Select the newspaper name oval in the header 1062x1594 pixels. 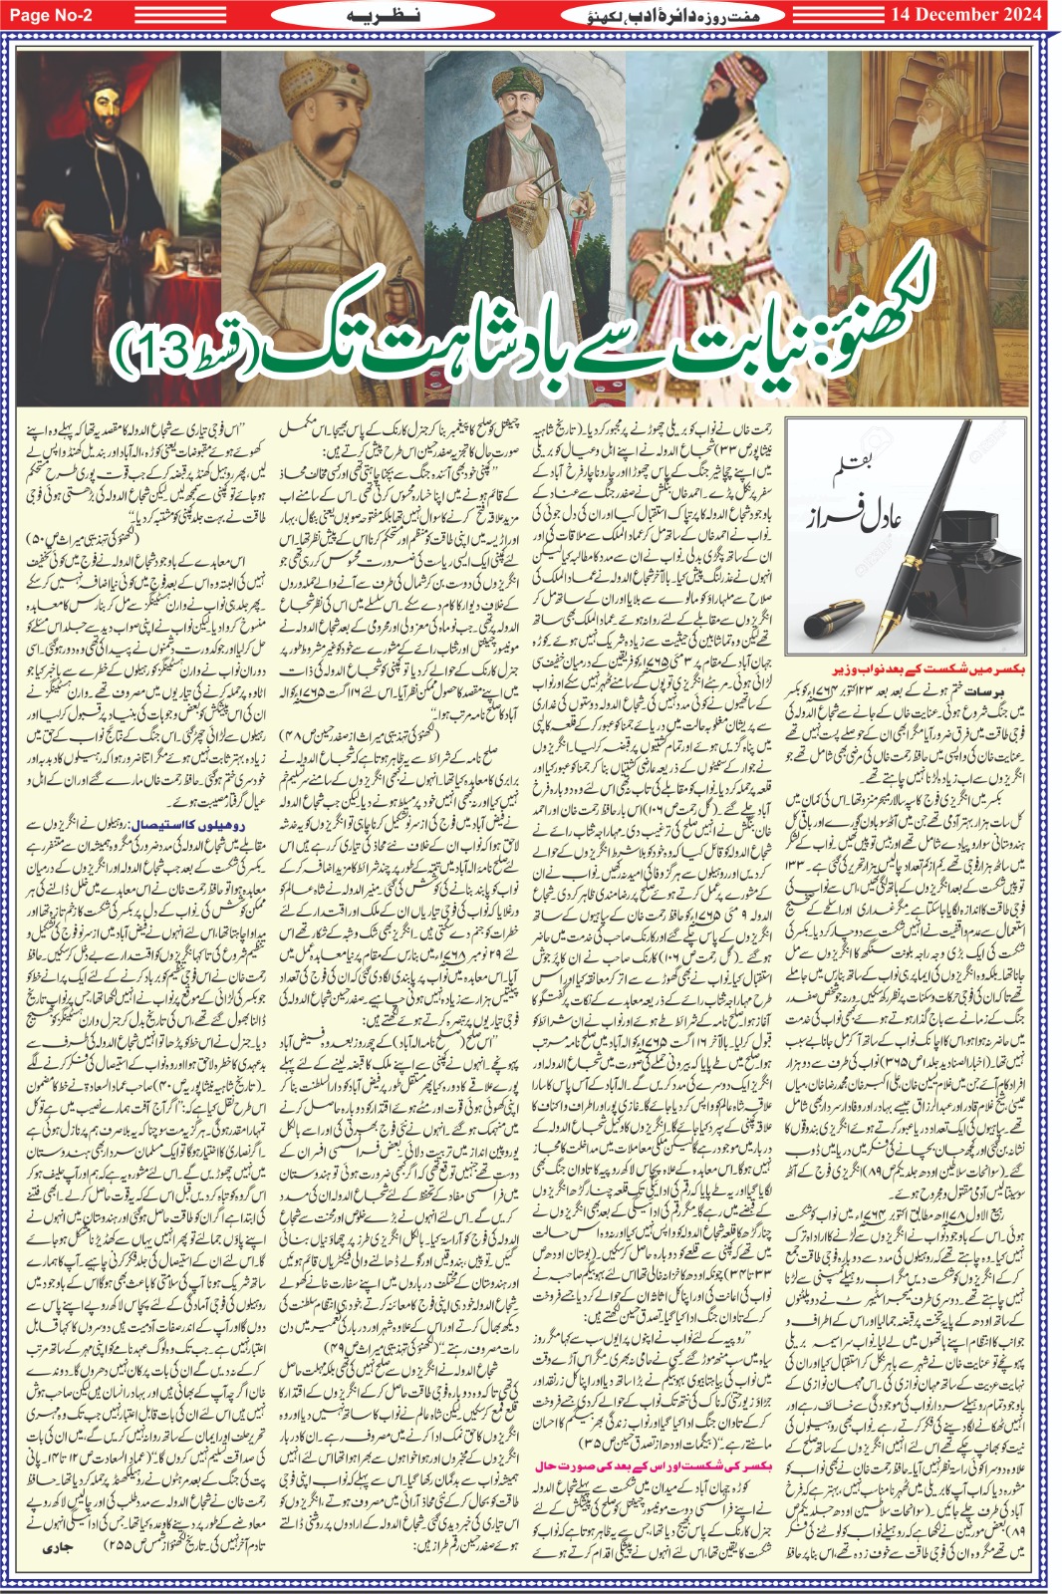pos(676,15)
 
